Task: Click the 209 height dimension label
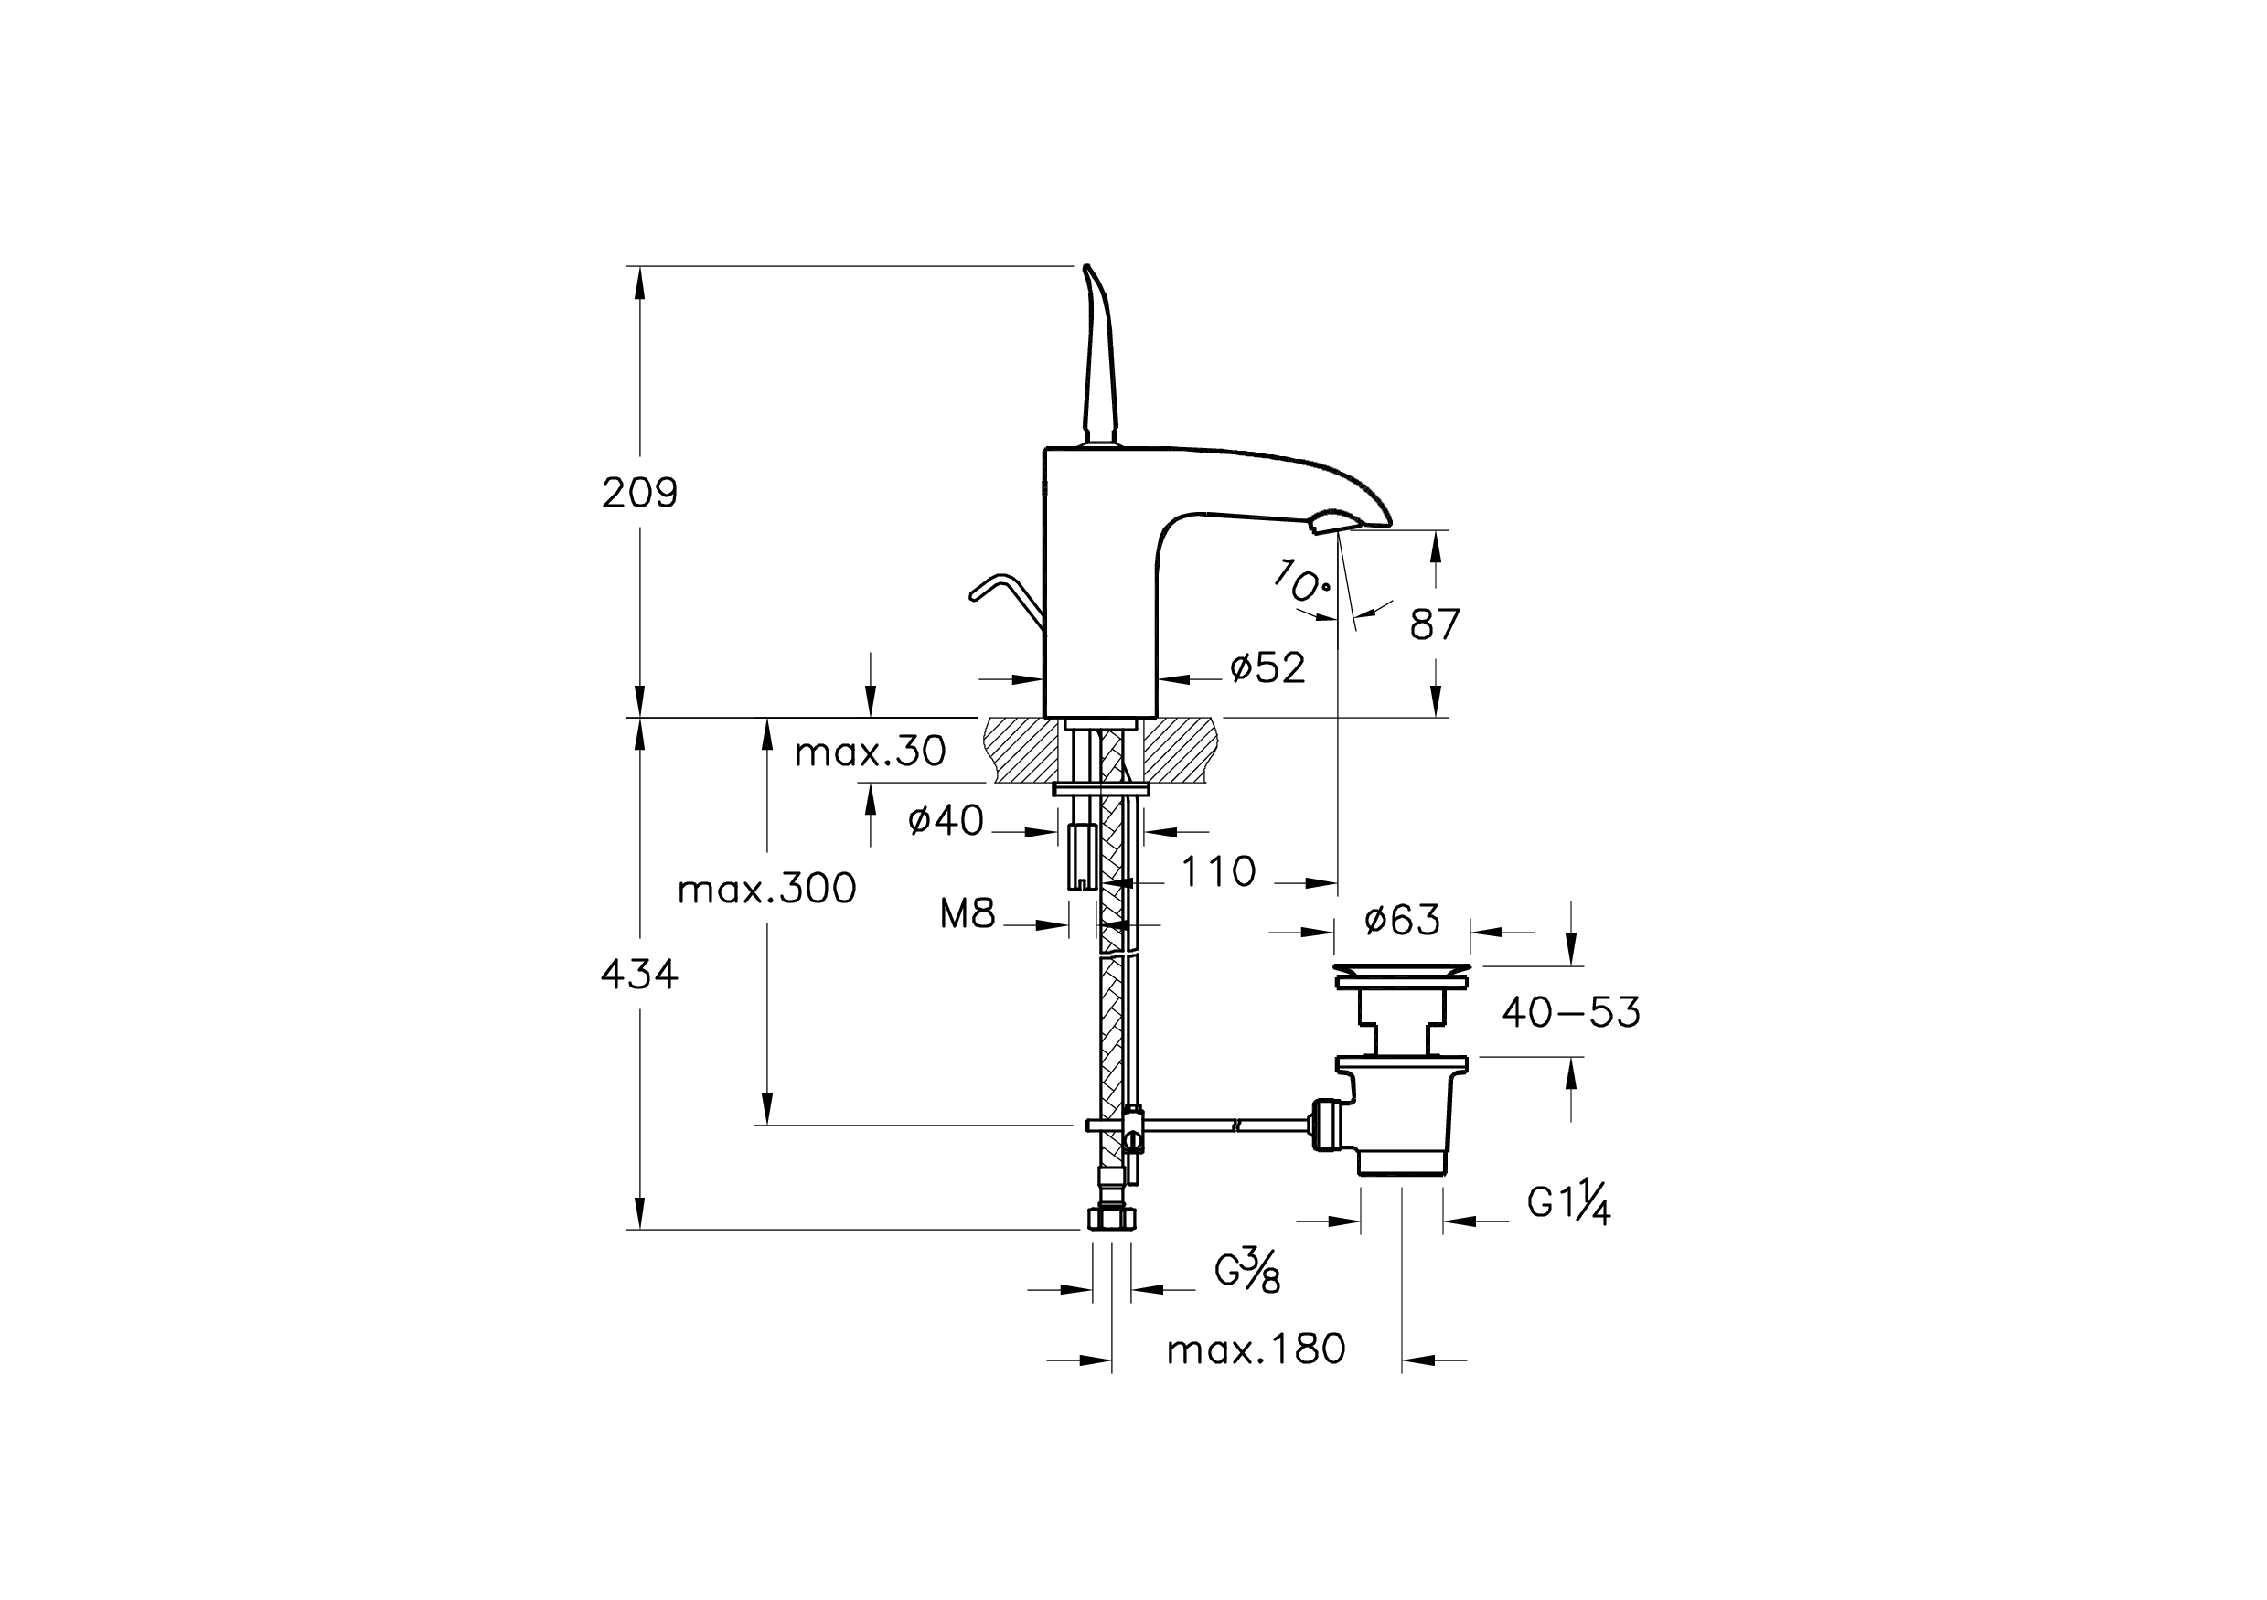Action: pyautogui.click(x=640, y=493)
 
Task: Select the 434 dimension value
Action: pyautogui.click(x=640, y=976)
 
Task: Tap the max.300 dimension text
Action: pyautogui.click(x=767, y=890)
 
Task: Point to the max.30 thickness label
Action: pyautogui.click(x=870, y=752)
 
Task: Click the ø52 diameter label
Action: pyautogui.click(x=1267, y=668)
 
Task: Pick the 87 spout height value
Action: pyautogui.click(x=1435, y=624)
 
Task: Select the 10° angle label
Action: pyautogui.click(x=1300, y=581)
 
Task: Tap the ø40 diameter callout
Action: pyautogui.click(x=946, y=820)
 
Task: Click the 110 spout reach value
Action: pyautogui.click(x=1218, y=871)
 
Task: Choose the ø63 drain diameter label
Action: pyautogui.click(x=1402, y=920)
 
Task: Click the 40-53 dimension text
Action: pyautogui.click(x=1571, y=1013)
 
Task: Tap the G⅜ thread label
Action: pyautogui.click(x=1247, y=1270)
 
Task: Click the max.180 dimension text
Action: pyautogui.click(x=1256, y=1349)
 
